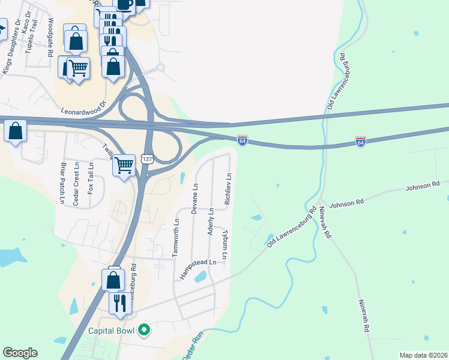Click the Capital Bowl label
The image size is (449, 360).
(112, 330)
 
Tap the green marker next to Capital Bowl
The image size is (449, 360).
(143, 329)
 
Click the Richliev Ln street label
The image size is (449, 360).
(228, 190)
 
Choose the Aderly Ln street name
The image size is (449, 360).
(211, 222)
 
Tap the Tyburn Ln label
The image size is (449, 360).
(226, 245)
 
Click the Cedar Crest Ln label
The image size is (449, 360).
(76, 185)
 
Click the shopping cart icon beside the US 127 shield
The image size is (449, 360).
(124, 164)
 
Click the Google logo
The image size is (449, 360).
(20, 353)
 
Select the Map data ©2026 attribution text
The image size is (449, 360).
(423, 355)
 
